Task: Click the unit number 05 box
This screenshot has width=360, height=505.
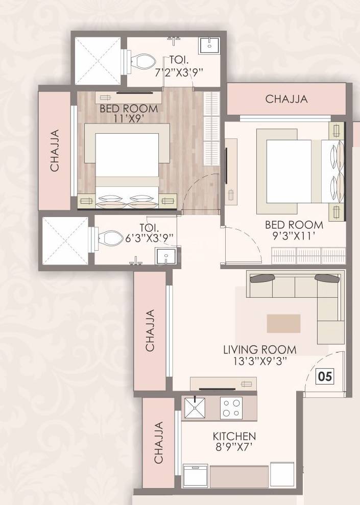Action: [x=325, y=377]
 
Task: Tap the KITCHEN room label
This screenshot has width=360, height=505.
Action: [x=234, y=437]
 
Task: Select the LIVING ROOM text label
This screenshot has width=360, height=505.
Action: [x=259, y=350]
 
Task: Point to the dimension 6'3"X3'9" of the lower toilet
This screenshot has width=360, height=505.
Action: [x=150, y=237]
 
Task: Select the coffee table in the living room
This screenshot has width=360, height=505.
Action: [x=283, y=323]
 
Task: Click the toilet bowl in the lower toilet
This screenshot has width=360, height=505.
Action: [x=107, y=238]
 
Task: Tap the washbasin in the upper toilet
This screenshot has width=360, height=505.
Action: [x=209, y=44]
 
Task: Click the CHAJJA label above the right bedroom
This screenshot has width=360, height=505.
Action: [x=286, y=99]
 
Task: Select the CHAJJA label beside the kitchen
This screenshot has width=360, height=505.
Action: [x=159, y=442]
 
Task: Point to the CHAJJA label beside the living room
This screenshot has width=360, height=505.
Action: [x=150, y=330]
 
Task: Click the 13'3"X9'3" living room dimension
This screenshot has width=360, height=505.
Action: [x=259, y=361]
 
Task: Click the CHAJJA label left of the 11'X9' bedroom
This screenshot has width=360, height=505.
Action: [x=55, y=151]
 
